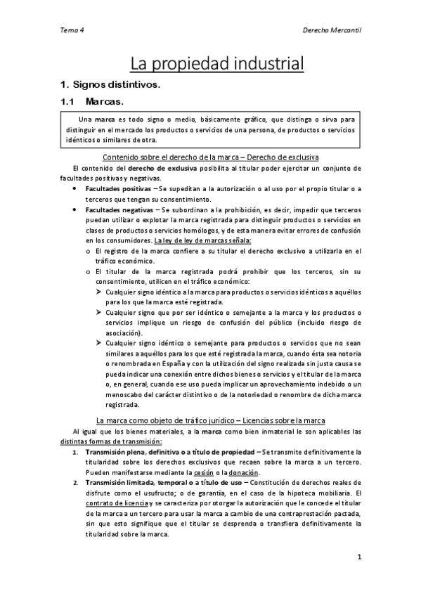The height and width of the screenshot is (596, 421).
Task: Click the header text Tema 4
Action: (x=70, y=31)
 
